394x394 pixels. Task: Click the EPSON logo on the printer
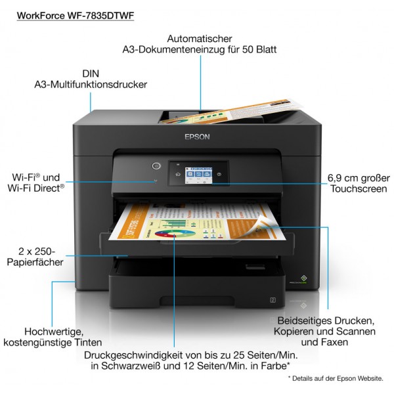click(x=197, y=137)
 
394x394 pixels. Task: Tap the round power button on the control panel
click(x=156, y=166)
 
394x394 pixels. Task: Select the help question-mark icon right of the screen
click(x=219, y=174)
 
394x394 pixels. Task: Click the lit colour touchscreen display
click(x=198, y=175)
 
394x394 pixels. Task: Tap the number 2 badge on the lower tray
click(x=273, y=300)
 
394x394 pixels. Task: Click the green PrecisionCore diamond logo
click(x=303, y=278)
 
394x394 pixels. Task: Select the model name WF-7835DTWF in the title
click(x=100, y=16)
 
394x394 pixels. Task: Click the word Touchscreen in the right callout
click(x=359, y=188)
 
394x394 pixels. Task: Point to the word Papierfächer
click(x=35, y=262)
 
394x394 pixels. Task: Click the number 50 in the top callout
click(x=248, y=49)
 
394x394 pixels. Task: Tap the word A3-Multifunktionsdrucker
click(x=91, y=85)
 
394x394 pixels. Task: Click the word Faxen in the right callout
click(x=335, y=342)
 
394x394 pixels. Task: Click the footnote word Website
click(x=370, y=378)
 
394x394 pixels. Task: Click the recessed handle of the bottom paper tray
click(x=197, y=301)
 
